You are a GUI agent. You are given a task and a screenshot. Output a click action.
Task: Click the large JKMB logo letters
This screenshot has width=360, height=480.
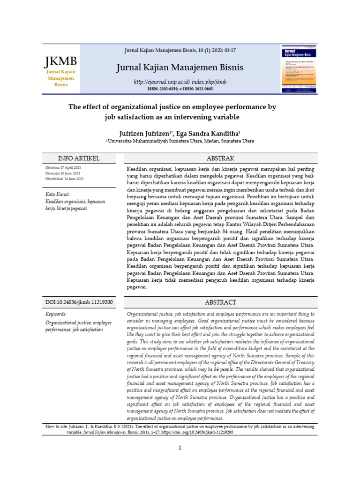61,61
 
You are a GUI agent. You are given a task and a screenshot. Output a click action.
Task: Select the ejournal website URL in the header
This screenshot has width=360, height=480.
180,82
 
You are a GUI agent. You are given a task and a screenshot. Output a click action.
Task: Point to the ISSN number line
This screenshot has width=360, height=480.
180,89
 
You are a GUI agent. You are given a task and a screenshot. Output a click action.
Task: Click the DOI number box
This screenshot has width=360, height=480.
79,302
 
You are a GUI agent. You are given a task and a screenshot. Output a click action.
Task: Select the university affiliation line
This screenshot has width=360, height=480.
180,141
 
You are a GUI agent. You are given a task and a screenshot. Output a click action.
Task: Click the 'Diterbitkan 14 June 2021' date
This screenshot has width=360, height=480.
65,179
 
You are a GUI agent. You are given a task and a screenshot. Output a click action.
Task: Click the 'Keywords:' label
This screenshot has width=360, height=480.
56,314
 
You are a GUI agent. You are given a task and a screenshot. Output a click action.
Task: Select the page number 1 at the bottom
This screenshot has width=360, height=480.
180,448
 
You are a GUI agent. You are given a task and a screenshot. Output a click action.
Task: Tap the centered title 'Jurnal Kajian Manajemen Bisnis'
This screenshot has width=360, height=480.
180,68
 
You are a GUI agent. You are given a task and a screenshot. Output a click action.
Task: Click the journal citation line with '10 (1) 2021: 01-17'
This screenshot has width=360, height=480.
180,50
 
